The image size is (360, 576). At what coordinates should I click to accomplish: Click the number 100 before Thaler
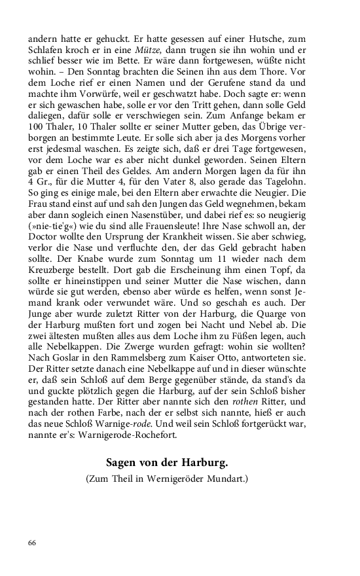(x=37, y=145)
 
